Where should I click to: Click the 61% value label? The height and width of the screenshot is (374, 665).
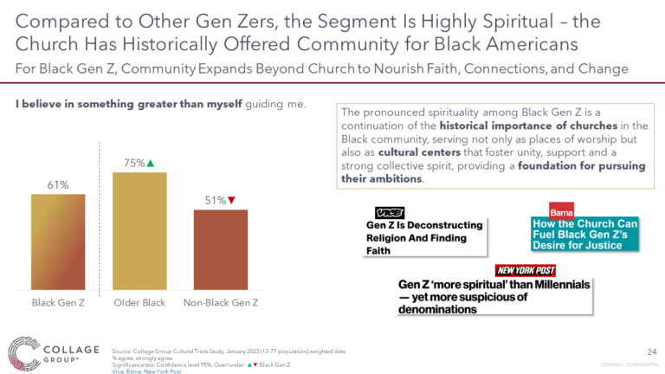coord(58,184)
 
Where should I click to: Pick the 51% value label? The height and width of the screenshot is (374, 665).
coord(216,200)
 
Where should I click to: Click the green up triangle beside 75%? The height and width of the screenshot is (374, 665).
coord(151,164)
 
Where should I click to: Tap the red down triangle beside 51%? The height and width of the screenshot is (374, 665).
coord(232,200)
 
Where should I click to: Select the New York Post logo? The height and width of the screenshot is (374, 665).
coord(526,270)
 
